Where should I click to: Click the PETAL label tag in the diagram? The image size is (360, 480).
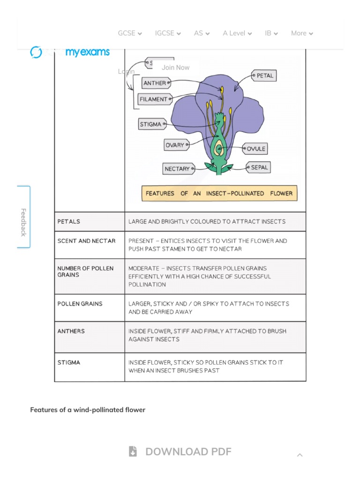click(x=264, y=75)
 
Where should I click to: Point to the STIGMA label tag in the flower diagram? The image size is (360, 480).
click(x=151, y=124)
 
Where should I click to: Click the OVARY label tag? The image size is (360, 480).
click(x=175, y=145)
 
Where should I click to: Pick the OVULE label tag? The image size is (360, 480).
click(x=256, y=149)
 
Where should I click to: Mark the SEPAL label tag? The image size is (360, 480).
click(x=259, y=167)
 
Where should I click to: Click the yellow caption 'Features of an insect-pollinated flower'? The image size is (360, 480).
click(x=219, y=193)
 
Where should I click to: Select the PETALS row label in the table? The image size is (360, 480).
click(x=69, y=221)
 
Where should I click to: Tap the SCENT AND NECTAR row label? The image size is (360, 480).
click(x=86, y=241)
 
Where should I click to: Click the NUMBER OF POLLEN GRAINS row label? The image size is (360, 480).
click(x=85, y=271)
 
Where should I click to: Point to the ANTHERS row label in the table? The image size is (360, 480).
click(x=71, y=331)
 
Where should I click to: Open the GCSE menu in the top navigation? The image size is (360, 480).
click(x=130, y=33)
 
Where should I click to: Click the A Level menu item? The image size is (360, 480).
click(x=237, y=33)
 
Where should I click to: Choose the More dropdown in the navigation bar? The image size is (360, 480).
click(x=302, y=33)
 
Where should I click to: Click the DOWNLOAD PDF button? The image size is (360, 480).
click(x=180, y=451)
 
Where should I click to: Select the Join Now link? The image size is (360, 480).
click(x=175, y=67)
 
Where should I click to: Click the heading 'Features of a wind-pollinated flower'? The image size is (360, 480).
click(x=88, y=410)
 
